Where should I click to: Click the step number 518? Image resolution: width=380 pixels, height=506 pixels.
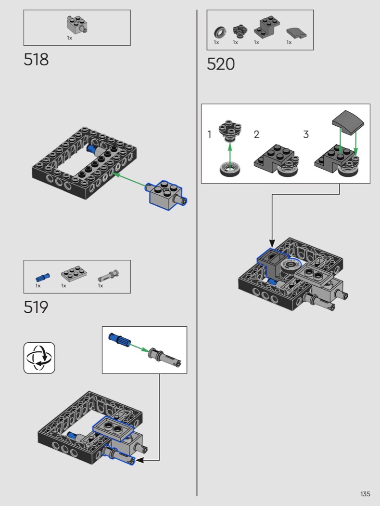[36, 60]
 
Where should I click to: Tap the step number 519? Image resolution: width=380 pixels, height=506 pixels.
[36, 307]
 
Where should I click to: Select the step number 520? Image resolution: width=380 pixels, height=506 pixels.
[221, 64]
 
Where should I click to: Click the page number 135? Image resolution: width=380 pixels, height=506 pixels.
[365, 494]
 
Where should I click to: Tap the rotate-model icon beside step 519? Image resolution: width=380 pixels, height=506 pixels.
[39, 358]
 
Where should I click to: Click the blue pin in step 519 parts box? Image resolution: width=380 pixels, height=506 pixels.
[42, 277]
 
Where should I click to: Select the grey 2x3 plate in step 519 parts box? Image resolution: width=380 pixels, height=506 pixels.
[74, 274]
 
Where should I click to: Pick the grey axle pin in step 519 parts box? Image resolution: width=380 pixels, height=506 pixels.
[109, 276]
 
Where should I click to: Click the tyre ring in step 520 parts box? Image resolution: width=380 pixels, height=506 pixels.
[220, 33]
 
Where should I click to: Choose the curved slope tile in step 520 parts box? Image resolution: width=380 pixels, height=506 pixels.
[296, 33]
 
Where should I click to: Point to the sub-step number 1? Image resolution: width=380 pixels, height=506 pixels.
[209, 134]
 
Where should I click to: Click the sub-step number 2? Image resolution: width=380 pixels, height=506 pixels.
[256, 134]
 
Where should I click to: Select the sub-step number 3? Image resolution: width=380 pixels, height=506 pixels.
[306, 134]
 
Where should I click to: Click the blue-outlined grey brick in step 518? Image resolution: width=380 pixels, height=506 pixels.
[166, 195]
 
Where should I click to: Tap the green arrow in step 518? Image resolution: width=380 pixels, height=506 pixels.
[129, 180]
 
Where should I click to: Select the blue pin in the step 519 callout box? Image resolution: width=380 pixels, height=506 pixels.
[119, 340]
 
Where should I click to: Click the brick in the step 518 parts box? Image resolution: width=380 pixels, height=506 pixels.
[77, 25]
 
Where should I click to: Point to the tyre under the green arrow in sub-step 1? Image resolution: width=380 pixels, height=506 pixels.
[230, 169]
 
